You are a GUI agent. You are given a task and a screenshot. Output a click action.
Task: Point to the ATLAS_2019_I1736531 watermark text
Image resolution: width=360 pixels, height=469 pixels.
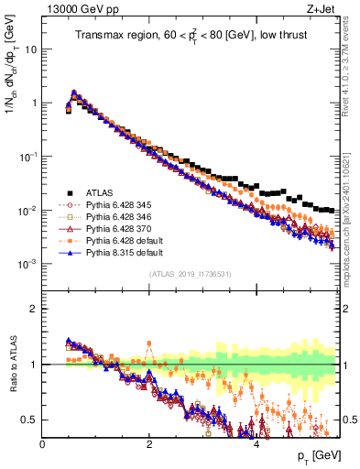coord(191,274)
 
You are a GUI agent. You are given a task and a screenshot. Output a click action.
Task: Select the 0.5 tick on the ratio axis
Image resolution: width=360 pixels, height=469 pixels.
coord(29,420)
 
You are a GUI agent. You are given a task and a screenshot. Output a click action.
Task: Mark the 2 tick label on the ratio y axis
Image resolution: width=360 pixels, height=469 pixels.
coord(33,309)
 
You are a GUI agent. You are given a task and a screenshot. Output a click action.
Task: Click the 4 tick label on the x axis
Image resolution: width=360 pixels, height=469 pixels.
coord(256,442)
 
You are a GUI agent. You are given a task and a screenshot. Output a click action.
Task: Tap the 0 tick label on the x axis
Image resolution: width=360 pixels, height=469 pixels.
coord(43,442)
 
